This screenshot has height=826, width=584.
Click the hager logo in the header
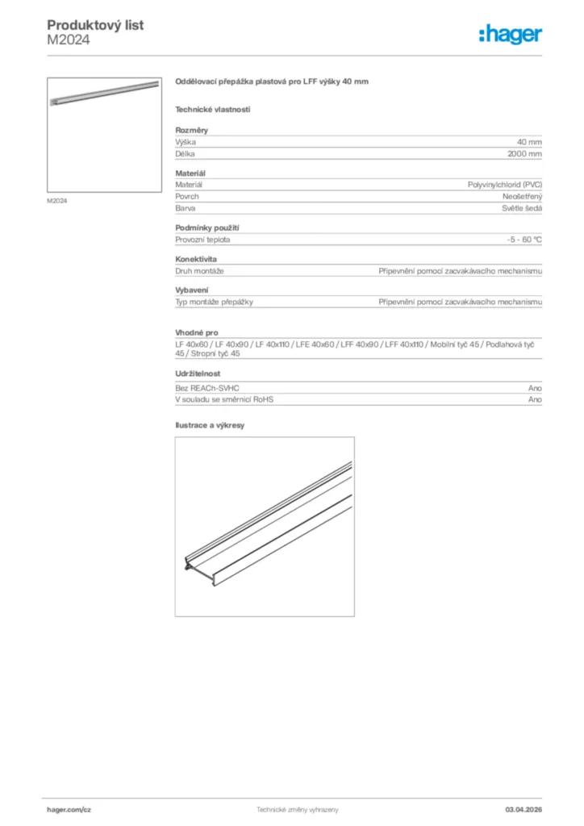[x=510, y=33]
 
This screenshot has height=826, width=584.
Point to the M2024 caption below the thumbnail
[x=56, y=201]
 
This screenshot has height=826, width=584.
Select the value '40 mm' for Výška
[x=529, y=142]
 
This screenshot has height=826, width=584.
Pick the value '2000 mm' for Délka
[x=524, y=153]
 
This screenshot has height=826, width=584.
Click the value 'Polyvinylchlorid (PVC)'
[x=505, y=185]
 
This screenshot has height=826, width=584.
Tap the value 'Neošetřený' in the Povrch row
[x=522, y=196]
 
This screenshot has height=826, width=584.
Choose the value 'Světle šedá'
[x=522, y=208]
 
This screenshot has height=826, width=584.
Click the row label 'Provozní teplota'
[x=202, y=240]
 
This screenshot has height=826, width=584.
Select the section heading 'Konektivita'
[x=196, y=259]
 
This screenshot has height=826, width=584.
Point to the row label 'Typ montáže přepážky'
[x=215, y=302]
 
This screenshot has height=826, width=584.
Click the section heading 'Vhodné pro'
[x=197, y=332]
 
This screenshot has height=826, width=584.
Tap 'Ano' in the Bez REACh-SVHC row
[x=535, y=388]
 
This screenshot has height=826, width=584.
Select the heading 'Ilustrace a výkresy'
[x=210, y=424]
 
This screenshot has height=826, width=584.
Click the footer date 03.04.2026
[x=523, y=809]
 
